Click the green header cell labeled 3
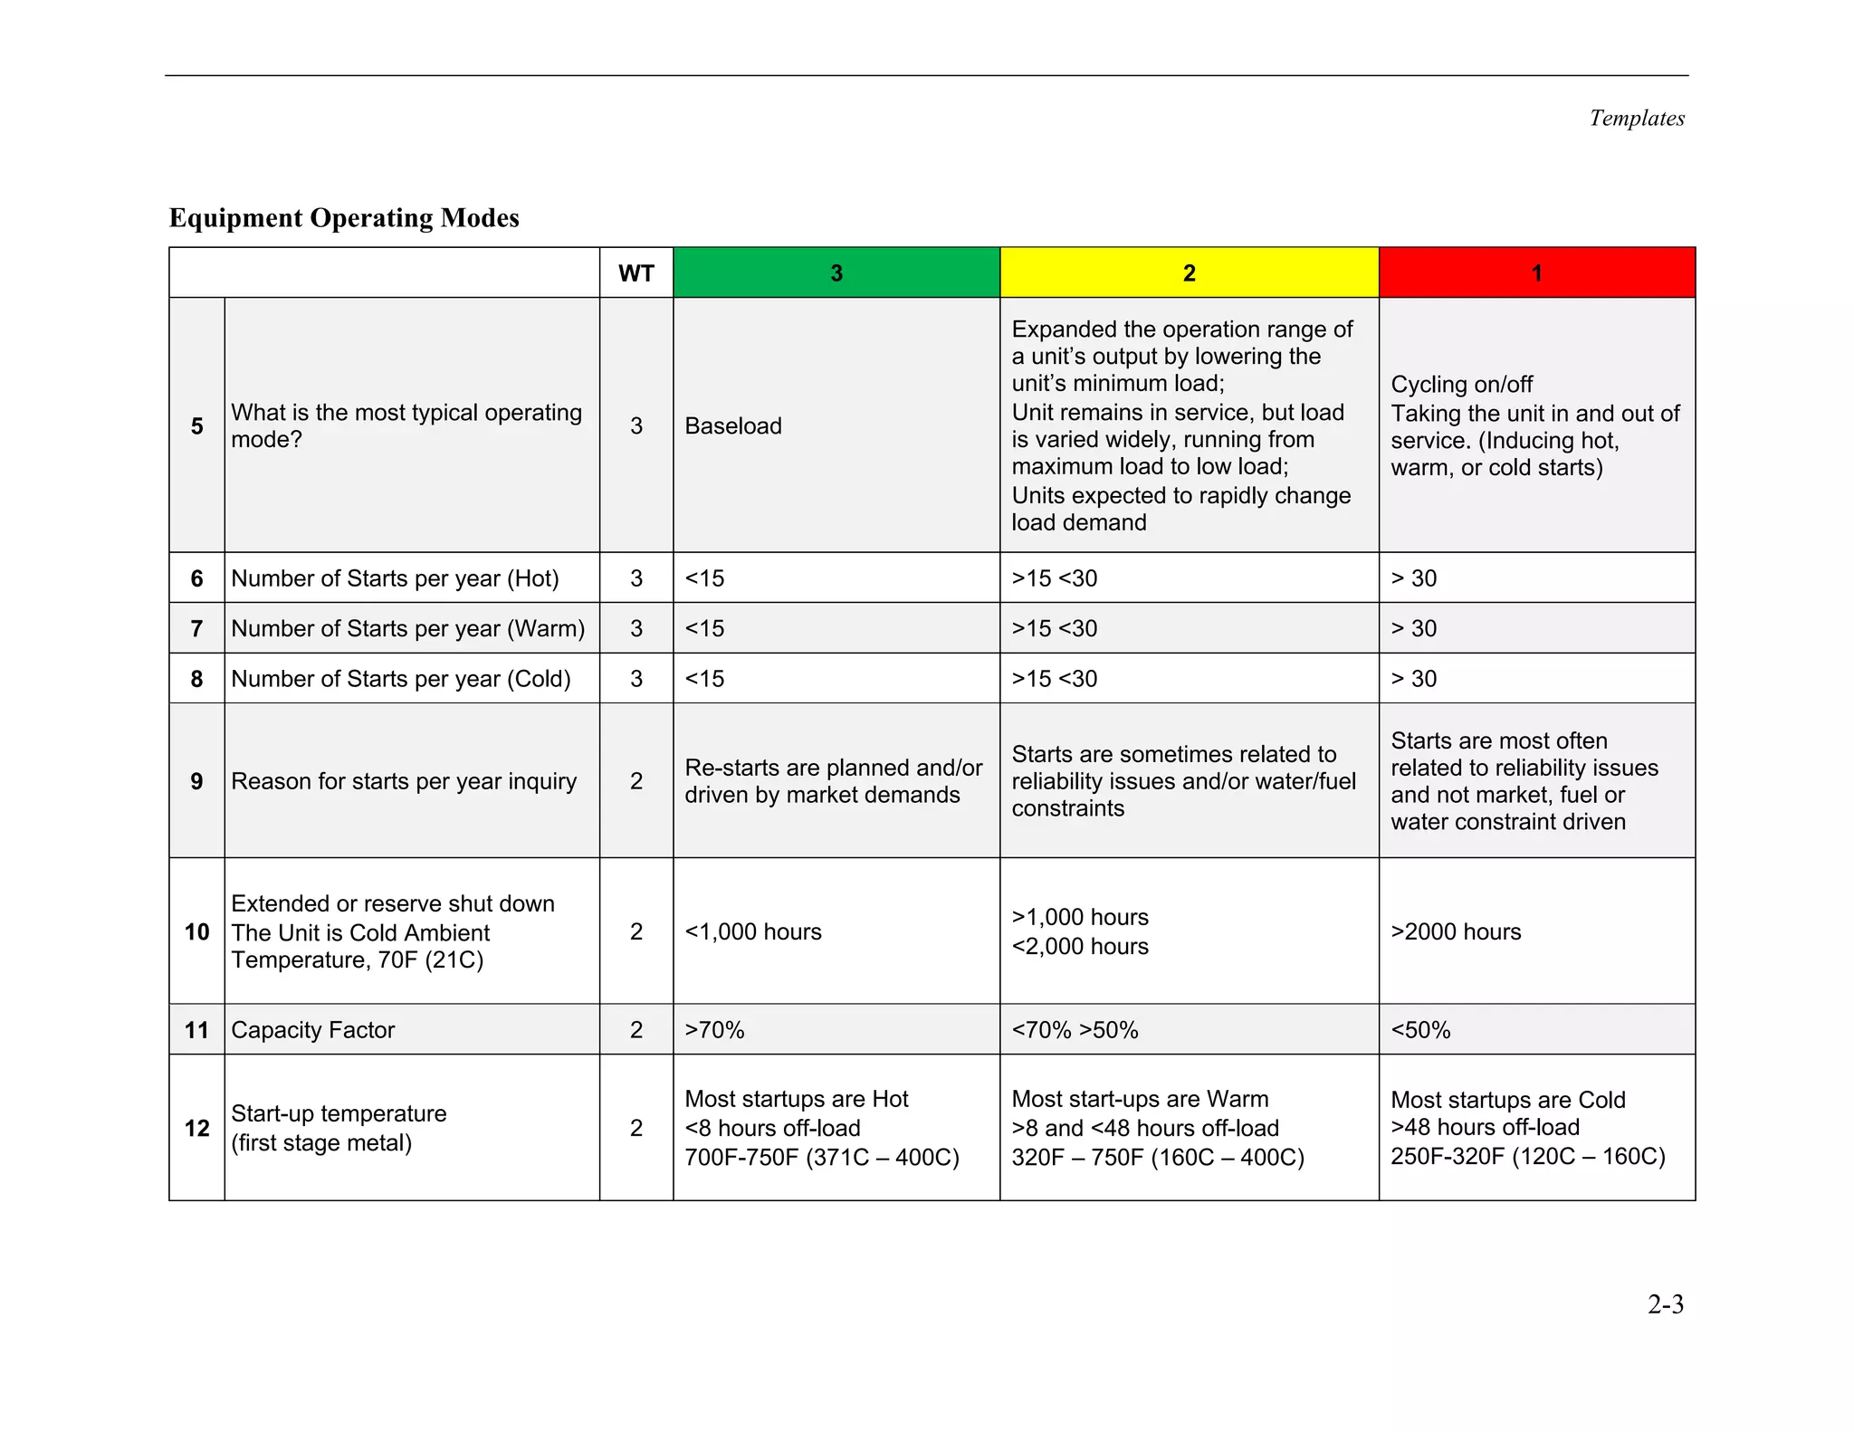coord(836,272)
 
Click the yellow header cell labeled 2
coord(1189,272)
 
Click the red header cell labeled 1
coord(1536,272)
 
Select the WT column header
coord(636,273)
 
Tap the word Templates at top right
coord(1636,119)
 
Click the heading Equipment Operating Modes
coord(344,218)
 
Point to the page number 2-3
coord(1665,1304)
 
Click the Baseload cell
coord(733,425)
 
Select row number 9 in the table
coord(196,781)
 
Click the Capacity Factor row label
coord(313,1030)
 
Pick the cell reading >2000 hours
coord(1456,931)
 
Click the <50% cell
coord(1420,1030)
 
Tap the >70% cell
coord(714,1030)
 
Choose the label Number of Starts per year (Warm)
coord(407,628)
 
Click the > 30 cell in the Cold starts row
coord(1414,679)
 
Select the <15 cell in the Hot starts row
coord(704,578)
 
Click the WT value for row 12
coord(636,1128)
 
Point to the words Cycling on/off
coord(1461,385)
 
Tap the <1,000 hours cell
coord(752,931)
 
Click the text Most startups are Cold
coord(1507,1100)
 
